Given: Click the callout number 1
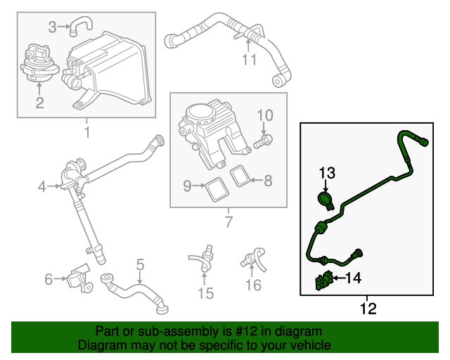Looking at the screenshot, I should click(x=86, y=132).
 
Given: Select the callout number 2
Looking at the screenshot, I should click(x=39, y=104).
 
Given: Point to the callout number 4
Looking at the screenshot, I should click(x=42, y=186).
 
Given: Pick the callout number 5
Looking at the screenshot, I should click(x=140, y=264).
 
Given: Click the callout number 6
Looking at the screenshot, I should click(x=49, y=279).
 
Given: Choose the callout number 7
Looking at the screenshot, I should click(x=227, y=224).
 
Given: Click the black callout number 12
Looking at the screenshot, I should click(x=368, y=308).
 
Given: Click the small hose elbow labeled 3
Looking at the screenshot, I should click(x=78, y=27).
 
